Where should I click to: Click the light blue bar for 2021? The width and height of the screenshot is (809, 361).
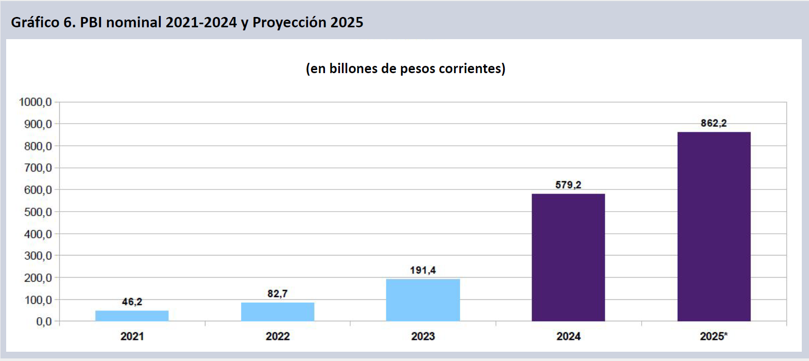tap(132, 316)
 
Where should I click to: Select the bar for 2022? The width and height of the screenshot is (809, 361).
tap(278, 312)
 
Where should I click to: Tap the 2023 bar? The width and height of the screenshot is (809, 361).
tap(423, 300)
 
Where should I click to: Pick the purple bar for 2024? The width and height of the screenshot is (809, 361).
tap(568, 257)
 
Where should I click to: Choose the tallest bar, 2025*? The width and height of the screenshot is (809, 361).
tap(714, 227)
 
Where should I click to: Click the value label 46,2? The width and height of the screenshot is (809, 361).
tap(132, 302)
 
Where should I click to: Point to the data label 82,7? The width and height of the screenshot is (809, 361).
tap(278, 294)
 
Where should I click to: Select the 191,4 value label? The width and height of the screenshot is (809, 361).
tap(423, 270)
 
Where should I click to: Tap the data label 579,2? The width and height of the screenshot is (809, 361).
tap(568, 185)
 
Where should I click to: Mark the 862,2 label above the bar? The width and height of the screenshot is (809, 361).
tap(714, 123)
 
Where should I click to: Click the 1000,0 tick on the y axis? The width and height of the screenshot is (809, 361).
tap(36, 102)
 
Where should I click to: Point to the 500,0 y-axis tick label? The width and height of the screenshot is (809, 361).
tap(38, 212)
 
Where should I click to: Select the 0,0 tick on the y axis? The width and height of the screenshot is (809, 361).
tap(44, 322)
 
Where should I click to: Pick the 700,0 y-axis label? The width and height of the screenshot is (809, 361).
tap(38, 168)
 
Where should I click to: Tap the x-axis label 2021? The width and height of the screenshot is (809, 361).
tap(132, 336)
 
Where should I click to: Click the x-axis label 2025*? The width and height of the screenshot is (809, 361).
tap(714, 336)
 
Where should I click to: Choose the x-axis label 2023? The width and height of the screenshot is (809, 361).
tap(423, 336)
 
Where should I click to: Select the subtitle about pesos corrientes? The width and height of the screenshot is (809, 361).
tap(405, 68)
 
